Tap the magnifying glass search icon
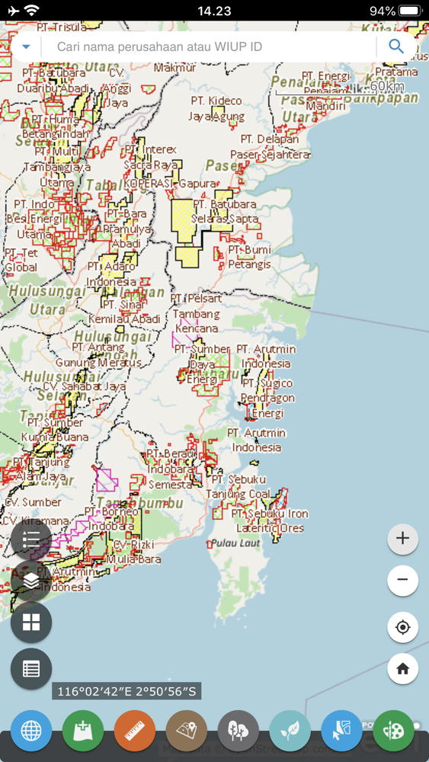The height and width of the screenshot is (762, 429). click(396, 46)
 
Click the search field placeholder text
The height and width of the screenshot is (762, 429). click(159, 46)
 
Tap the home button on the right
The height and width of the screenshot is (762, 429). click(402, 668)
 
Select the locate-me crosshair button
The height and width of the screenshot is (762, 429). click(402, 627)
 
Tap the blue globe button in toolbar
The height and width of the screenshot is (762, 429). click(31, 731)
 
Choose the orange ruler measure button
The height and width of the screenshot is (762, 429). click(135, 731)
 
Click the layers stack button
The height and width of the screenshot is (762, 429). click(31, 581)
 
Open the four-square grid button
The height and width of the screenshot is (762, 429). click(31, 623)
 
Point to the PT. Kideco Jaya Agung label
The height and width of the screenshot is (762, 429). click(216, 109)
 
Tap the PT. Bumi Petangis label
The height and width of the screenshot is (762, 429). click(249, 257)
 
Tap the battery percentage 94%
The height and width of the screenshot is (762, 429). click(383, 11)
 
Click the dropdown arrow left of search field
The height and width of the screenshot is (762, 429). click(26, 46)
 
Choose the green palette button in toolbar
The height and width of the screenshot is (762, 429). click(393, 731)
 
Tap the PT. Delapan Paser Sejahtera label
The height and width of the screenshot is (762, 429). click(271, 147)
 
